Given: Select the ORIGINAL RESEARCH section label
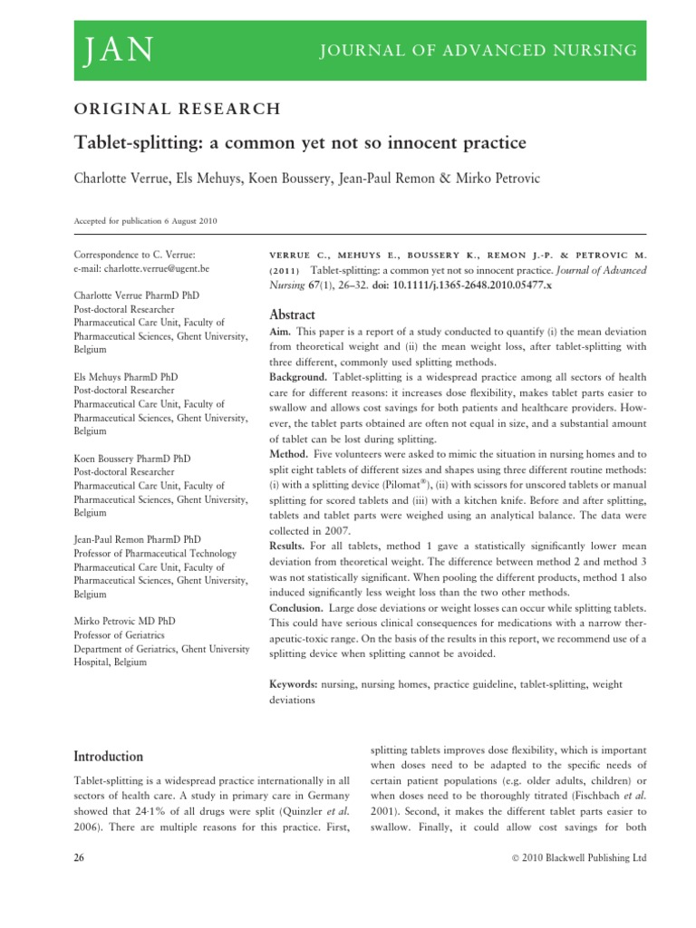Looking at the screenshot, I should (177, 109).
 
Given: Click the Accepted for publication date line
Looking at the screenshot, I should (145, 221).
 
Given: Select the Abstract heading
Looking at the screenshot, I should (293, 314).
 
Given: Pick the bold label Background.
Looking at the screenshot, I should (298, 375).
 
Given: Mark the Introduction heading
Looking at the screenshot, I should (108, 756).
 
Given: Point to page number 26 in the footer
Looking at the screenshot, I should (79, 857).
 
